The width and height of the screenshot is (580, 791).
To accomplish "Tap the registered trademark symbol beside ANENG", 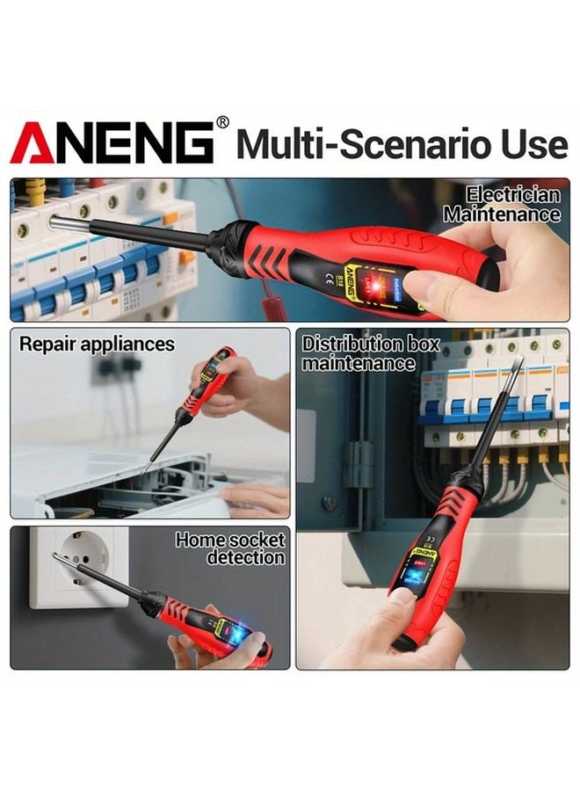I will tap(222, 122).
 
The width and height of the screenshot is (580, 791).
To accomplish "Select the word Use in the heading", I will tap(531, 142).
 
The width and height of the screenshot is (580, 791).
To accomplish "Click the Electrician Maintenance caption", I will tap(502, 205).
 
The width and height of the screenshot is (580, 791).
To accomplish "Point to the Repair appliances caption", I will tap(98, 344).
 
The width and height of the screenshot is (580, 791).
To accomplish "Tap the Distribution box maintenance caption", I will tap(370, 352).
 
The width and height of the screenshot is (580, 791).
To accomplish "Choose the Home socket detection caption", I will tap(230, 548).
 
